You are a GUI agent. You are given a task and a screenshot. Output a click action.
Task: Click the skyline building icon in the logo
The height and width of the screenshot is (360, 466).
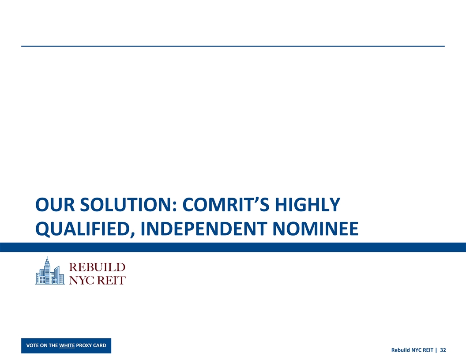49,270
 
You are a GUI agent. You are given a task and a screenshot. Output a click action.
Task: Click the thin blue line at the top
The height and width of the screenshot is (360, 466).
233,46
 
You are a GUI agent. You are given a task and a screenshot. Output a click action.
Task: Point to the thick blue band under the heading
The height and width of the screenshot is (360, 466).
233,247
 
